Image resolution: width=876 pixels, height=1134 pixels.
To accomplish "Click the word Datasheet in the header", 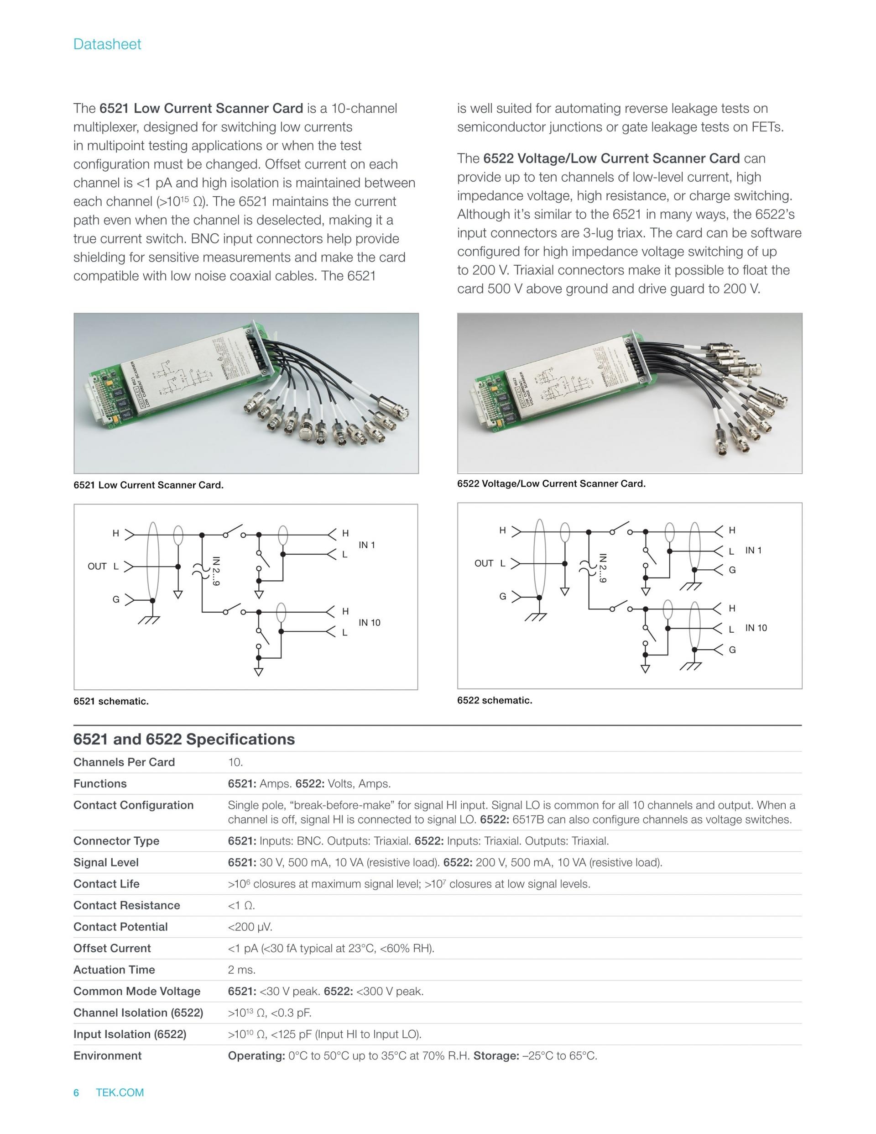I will pos(107,44).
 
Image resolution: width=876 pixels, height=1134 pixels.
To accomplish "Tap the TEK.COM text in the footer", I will pos(120,1092).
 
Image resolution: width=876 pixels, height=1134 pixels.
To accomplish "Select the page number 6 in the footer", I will pos(76,1092).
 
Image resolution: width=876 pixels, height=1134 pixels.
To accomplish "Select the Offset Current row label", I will pos(112,948).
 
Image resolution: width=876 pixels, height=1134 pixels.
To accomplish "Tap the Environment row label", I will pos(107,1055).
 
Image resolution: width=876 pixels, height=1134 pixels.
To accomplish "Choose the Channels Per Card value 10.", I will pos(235,762).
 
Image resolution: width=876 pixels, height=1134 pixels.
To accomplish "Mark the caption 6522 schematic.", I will pos(495,700).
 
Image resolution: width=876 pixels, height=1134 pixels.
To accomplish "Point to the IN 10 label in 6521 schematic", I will pos(370,623).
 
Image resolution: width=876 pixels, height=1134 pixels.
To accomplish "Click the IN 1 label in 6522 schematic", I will pos(754,551).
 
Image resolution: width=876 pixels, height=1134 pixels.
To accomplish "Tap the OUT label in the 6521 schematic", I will pos(97,567).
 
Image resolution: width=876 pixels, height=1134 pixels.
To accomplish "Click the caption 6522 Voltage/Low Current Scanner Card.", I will pos(551,483).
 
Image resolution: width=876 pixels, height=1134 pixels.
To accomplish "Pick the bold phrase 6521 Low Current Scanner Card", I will pos(201,109).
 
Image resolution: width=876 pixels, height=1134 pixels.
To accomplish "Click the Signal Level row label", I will pos(106,862).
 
